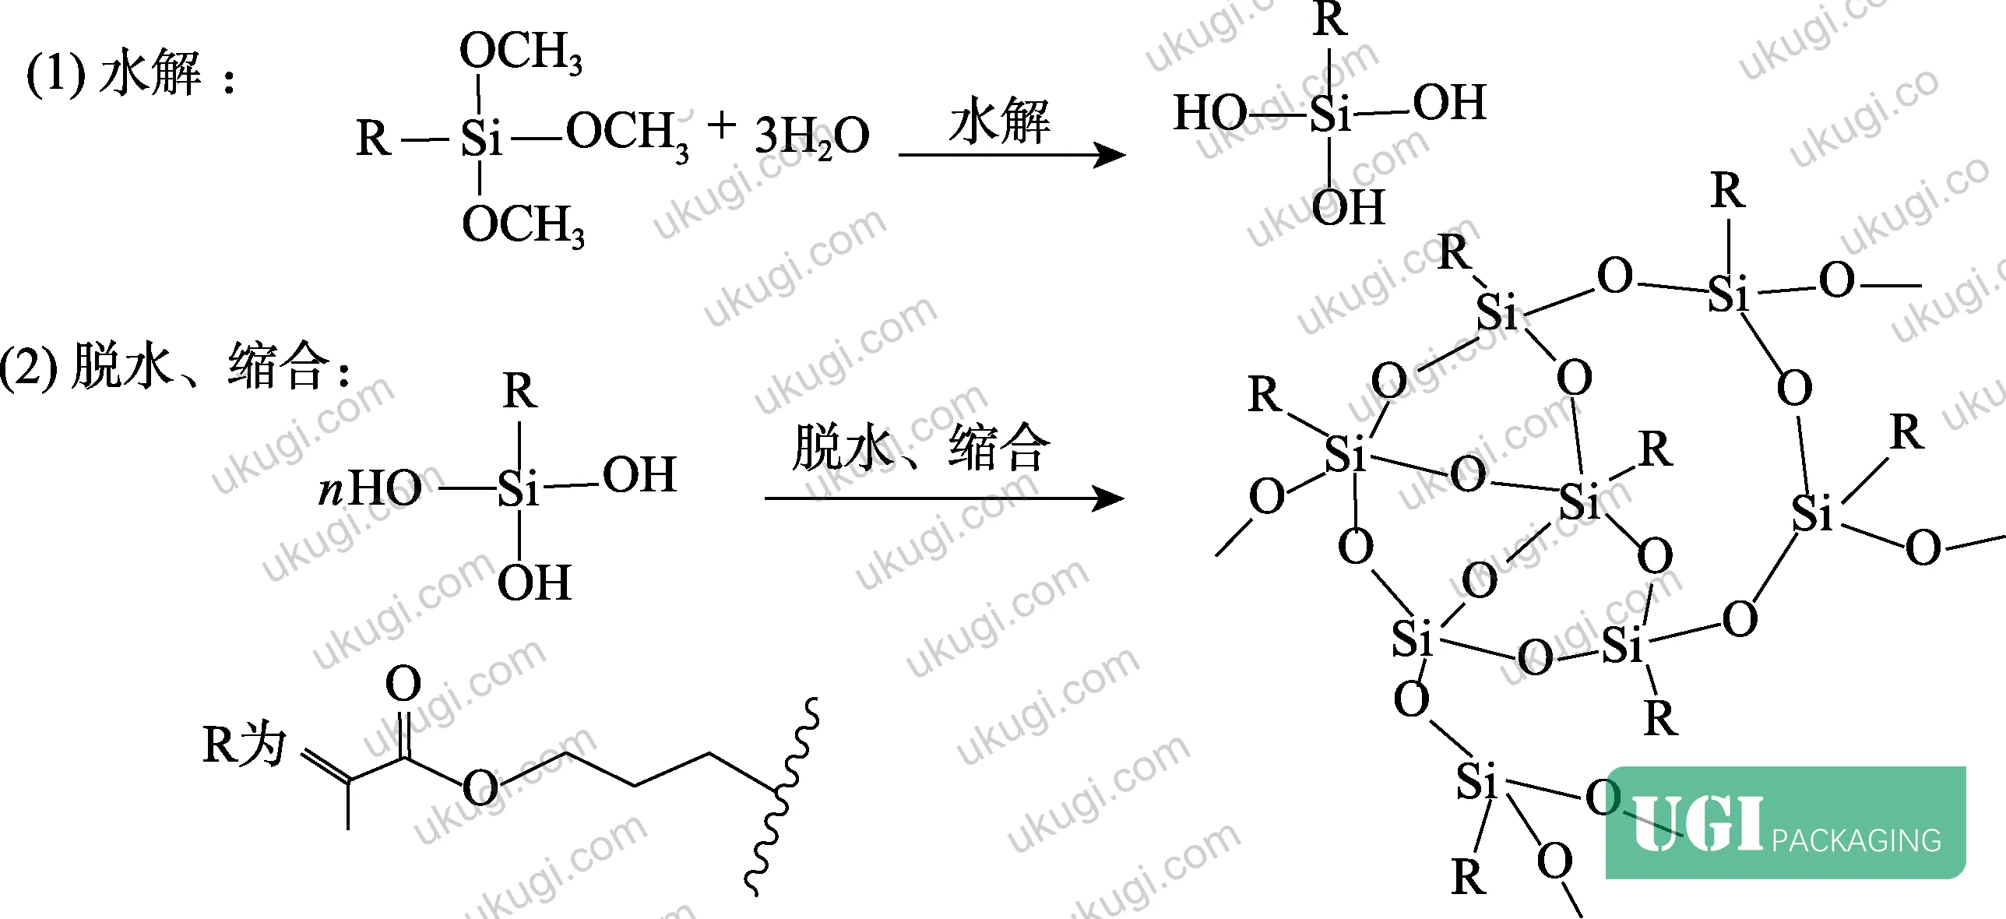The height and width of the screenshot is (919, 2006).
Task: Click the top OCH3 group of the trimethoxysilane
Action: [520, 52]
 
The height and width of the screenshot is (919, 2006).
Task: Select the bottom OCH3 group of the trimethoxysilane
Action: [523, 226]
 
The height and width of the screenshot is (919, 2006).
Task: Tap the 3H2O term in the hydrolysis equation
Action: [811, 136]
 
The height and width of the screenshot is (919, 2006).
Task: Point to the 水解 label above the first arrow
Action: [999, 121]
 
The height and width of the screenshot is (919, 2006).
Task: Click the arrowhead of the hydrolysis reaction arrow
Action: [1110, 155]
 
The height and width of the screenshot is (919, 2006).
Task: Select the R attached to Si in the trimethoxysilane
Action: [373, 139]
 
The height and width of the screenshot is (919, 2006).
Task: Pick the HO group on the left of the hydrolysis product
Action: [1210, 112]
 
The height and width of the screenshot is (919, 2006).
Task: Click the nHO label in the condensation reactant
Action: [370, 489]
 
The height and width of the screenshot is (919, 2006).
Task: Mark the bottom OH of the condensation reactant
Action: [534, 583]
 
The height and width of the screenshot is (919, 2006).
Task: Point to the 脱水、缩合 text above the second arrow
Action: [921, 448]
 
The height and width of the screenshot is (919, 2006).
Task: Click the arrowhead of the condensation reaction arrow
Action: [1108, 498]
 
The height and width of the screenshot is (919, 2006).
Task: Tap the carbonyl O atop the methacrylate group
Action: [403, 685]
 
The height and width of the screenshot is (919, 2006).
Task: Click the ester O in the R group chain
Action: [480, 787]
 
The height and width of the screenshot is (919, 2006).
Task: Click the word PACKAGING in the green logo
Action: [1856, 840]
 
